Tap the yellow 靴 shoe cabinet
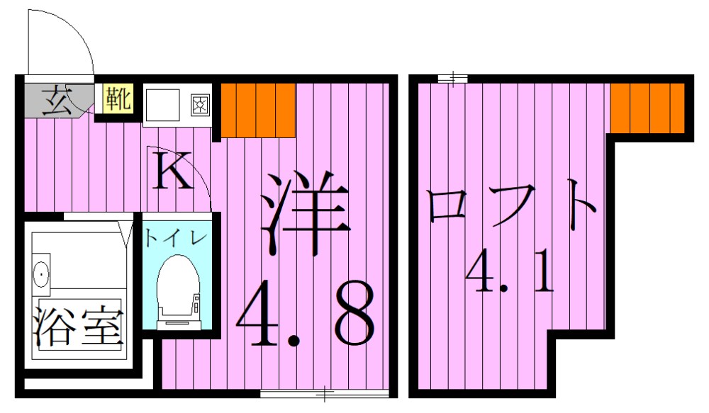click(x=118, y=98)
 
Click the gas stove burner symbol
click(x=200, y=105)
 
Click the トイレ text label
click(x=176, y=236)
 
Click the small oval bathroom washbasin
click(x=42, y=272)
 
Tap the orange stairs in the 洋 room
click(x=257, y=109)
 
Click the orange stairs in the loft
click(x=648, y=107)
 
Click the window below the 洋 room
click(x=324, y=392)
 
